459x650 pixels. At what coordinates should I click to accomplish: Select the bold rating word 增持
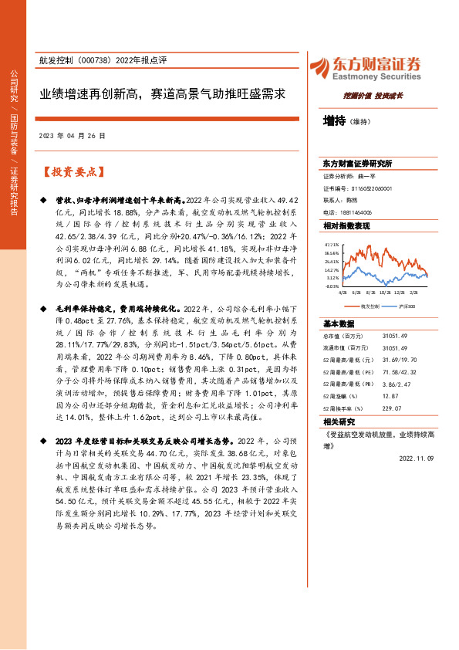pos(334,121)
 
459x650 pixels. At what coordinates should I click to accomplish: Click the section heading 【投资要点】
pos(74,171)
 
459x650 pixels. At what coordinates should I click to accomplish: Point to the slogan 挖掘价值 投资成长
pos(373,96)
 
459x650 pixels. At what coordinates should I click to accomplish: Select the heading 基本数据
pos(339,323)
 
